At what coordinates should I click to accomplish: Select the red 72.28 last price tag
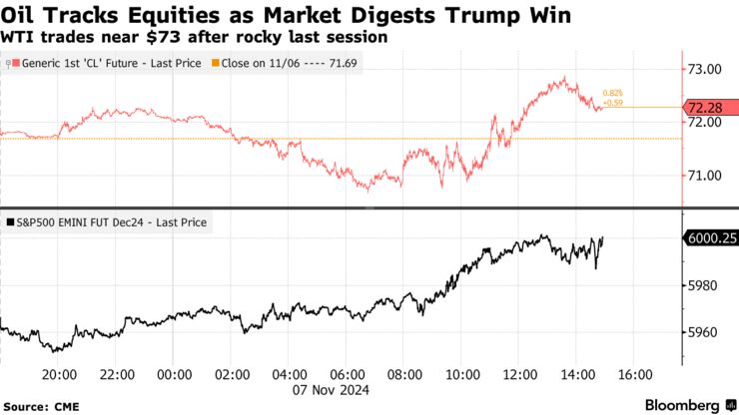(710, 107)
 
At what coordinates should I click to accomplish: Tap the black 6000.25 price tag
(709, 237)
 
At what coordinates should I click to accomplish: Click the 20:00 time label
(59, 374)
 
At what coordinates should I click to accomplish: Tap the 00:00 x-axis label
(175, 374)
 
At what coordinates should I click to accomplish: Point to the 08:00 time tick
(404, 374)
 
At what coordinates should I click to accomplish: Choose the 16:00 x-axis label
(635, 374)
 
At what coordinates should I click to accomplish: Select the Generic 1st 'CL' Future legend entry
(103, 63)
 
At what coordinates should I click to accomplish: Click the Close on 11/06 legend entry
(284, 63)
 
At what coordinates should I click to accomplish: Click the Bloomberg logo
(672, 404)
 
